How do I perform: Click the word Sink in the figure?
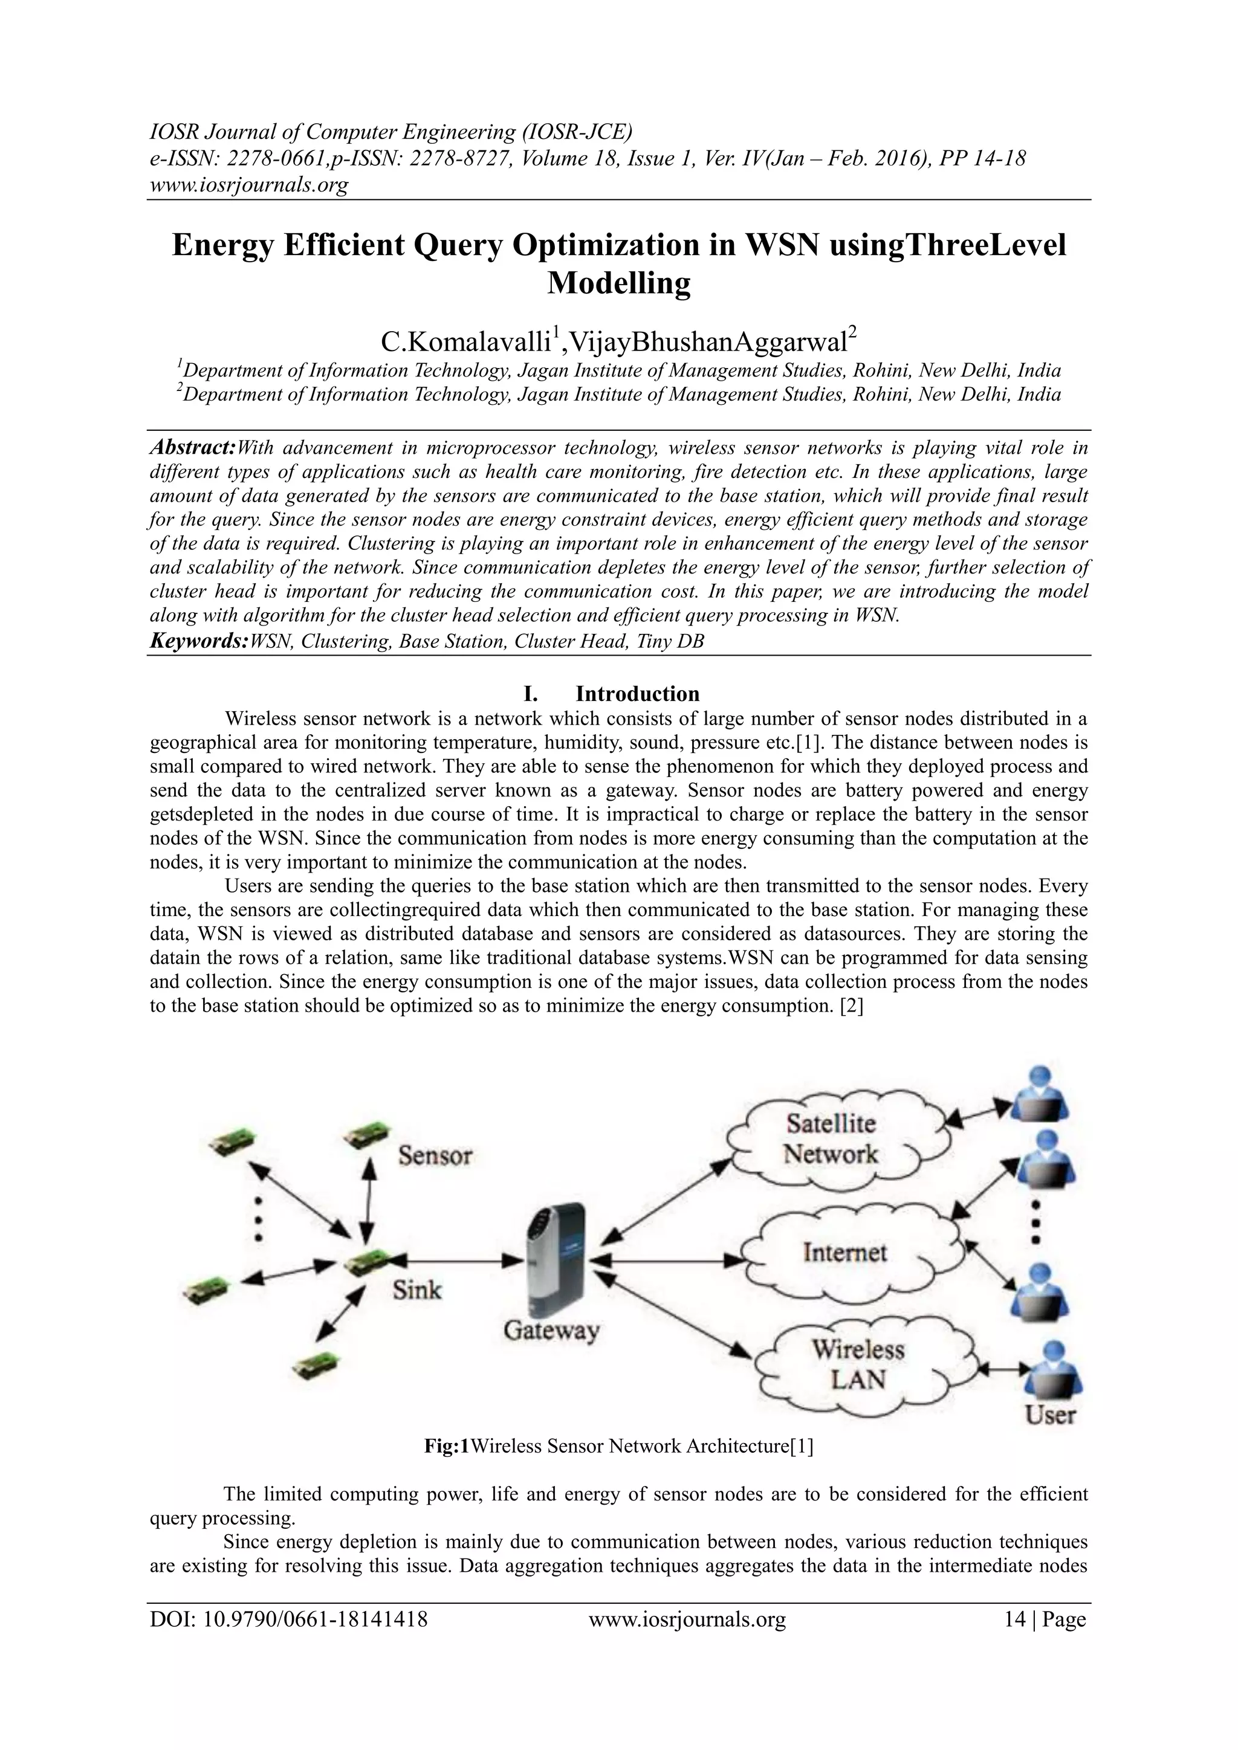(417, 1290)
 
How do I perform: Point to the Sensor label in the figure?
(435, 1155)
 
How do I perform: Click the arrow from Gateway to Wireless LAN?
(678, 1318)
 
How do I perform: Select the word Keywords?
(198, 641)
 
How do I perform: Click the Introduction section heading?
(637, 694)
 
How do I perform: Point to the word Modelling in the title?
(618, 283)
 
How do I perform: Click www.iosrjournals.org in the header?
(248, 184)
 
